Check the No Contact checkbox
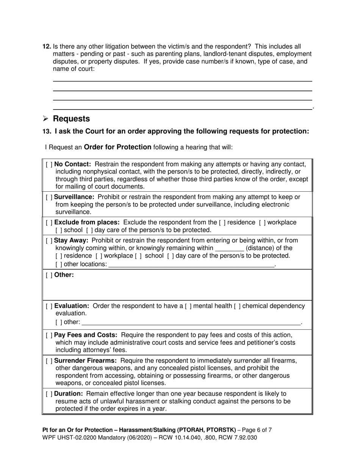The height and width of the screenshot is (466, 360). tap(49, 164)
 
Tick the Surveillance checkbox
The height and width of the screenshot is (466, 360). tap(49, 197)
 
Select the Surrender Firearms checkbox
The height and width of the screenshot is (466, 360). tap(49, 360)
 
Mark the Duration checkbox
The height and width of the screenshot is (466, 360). tap(49, 394)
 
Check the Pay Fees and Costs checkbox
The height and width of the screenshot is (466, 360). tap(49, 335)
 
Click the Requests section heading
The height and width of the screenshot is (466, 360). tap(71, 119)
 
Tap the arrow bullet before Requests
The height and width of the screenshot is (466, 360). tap(45, 119)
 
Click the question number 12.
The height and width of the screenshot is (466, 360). tap(47, 47)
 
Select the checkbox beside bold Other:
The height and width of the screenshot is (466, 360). tap(49, 275)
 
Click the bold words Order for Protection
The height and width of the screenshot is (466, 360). tap(117, 147)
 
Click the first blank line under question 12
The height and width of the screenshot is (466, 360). tap(182, 80)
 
